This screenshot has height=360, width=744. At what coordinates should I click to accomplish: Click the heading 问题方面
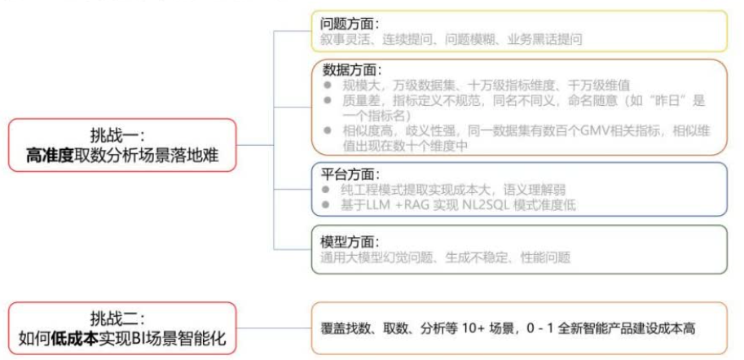tap(349, 24)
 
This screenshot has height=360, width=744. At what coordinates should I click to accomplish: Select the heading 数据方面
tap(349, 70)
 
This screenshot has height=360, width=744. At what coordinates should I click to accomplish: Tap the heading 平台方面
tap(349, 175)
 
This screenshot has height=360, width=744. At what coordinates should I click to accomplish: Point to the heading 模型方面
tap(349, 242)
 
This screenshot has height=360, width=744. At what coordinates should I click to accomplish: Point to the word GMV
tap(544, 131)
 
